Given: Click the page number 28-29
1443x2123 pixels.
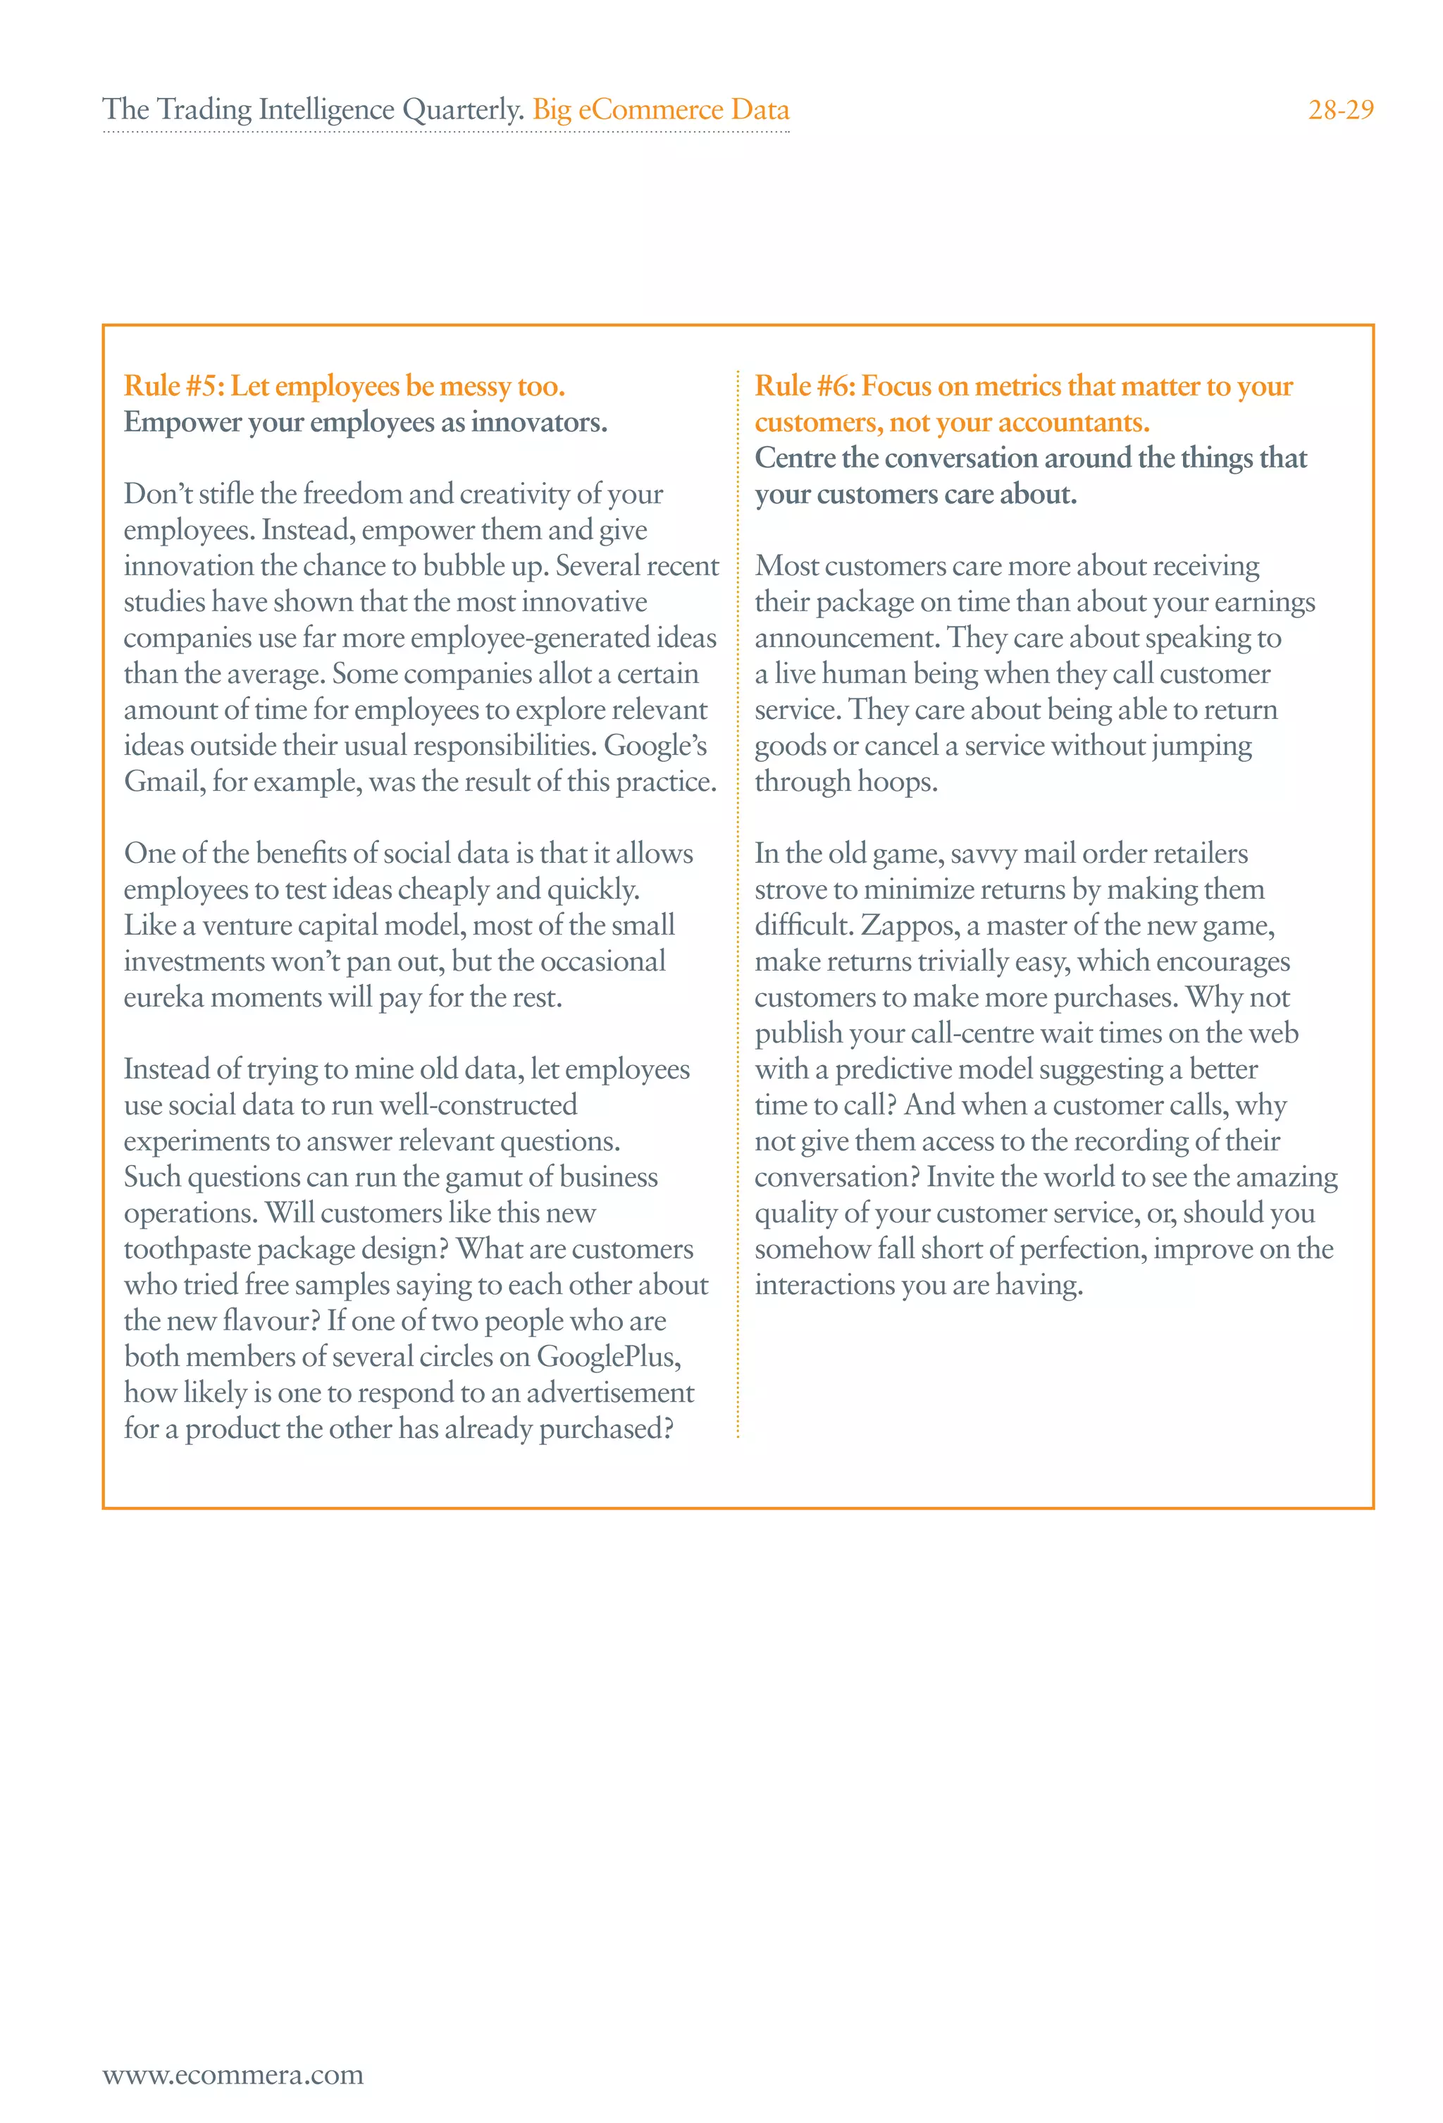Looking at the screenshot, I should (x=1340, y=110).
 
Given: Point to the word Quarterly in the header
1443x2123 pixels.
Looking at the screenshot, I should (x=463, y=110).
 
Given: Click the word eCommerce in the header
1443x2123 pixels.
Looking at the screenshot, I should (x=650, y=110).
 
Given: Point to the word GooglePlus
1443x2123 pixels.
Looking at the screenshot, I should (x=608, y=1357).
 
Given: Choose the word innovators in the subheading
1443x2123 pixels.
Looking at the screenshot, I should (x=539, y=423).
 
